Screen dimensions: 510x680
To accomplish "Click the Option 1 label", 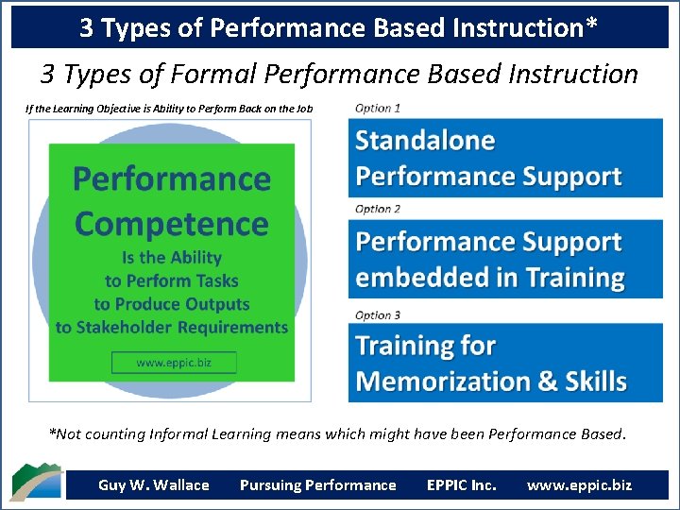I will click(x=378, y=108).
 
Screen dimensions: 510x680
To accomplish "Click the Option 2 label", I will click(x=378, y=209).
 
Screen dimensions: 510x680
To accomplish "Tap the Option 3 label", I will click(x=378, y=314).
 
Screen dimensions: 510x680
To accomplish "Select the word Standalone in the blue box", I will click(x=425, y=142).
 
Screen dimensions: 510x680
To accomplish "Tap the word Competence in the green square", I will click(x=171, y=224).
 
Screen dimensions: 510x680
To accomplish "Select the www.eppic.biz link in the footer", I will click(x=579, y=485).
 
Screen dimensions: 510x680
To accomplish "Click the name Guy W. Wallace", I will click(x=154, y=485).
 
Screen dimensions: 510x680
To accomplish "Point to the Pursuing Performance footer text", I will click(x=318, y=485).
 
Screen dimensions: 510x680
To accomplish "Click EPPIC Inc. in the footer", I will click(x=461, y=485).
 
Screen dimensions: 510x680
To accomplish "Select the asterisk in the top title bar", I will click(x=591, y=25).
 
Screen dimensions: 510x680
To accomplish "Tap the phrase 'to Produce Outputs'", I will click(x=171, y=304).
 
